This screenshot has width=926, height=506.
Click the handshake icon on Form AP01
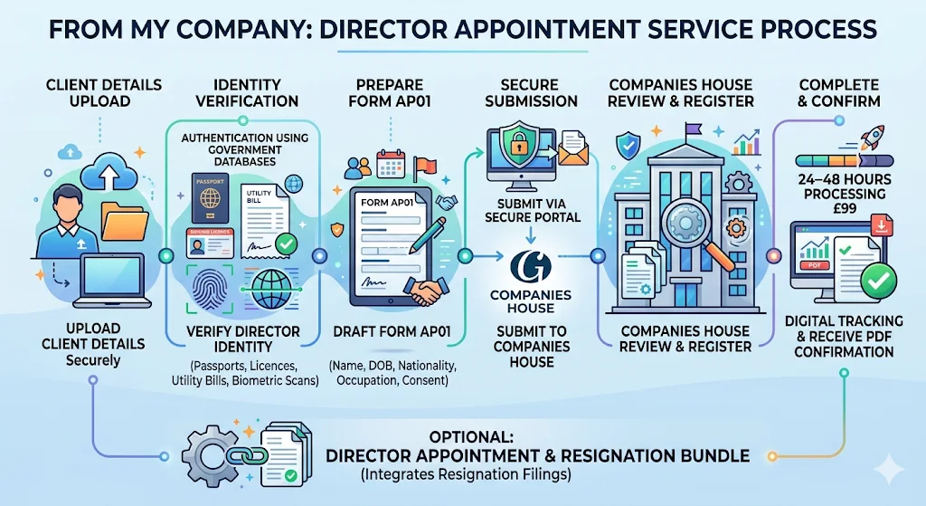pyautogui.click(x=422, y=291)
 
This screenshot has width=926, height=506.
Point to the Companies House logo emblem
pyautogui.click(x=531, y=268)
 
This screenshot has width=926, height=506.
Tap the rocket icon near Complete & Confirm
pyautogui.click(x=874, y=138)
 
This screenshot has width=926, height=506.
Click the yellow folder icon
pyautogui.click(x=124, y=218)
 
